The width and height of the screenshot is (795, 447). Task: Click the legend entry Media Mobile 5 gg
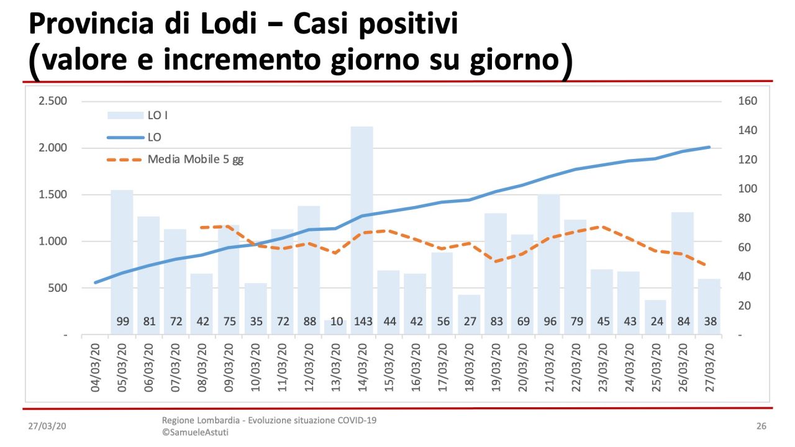click(x=196, y=160)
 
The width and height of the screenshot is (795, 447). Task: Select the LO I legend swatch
click(x=125, y=115)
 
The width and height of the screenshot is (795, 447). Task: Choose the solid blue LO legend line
click(x=125, y=137)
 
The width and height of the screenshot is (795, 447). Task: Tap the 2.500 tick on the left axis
click(x=53, y=101)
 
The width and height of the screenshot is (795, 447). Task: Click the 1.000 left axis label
click(x=53, y=242)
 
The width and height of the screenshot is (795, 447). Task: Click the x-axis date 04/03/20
click(x=96, y=367)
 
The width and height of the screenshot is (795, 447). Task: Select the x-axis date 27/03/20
click(x=709, y=367)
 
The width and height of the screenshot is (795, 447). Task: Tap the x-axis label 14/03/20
click(x=362, y=367)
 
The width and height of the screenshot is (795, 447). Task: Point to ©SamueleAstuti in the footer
click(x=195, y=432)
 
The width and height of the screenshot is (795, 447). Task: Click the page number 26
click(x=761, y=427)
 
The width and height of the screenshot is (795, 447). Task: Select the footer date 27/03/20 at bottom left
click(x=47, y=427)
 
